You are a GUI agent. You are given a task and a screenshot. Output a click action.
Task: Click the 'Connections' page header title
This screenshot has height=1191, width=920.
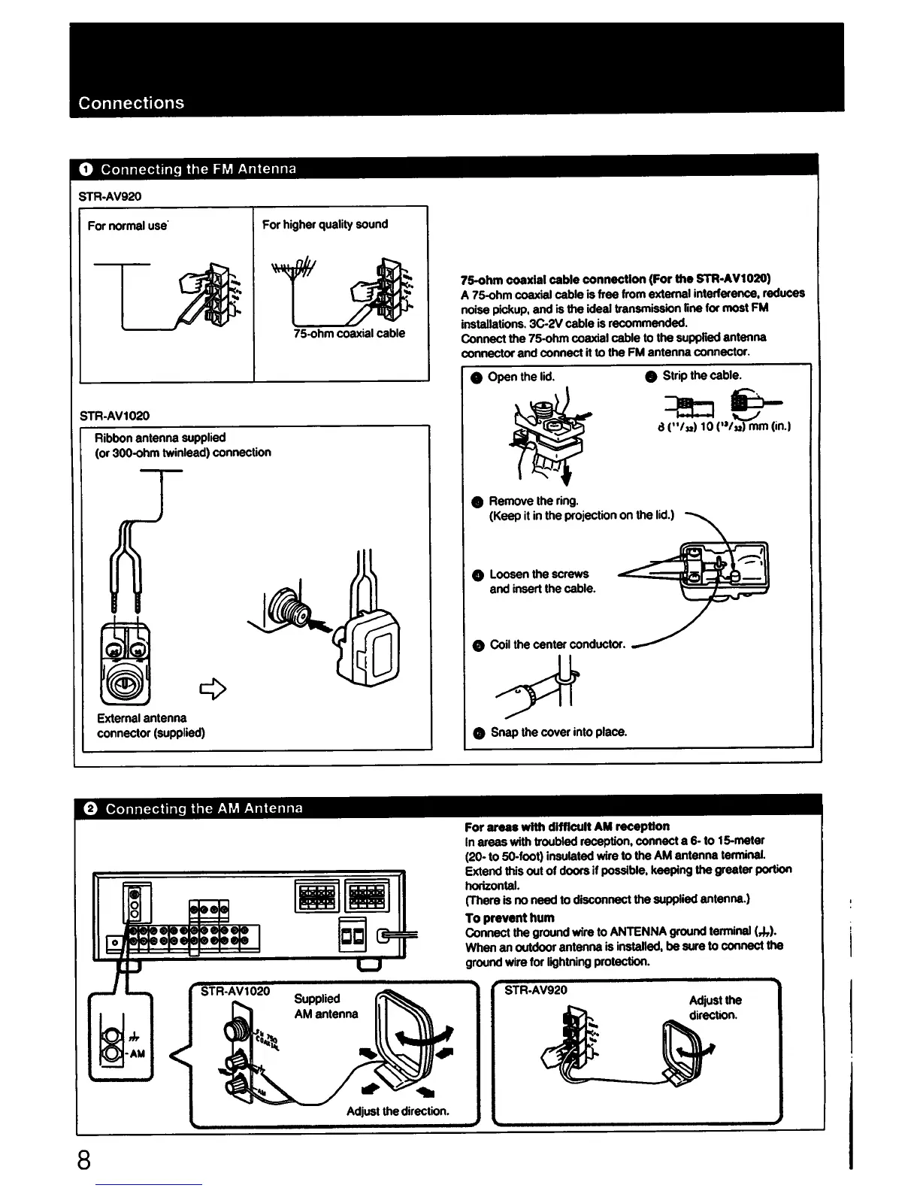(132, 103)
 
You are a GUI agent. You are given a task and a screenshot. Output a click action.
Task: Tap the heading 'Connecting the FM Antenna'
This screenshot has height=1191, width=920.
(198, 168)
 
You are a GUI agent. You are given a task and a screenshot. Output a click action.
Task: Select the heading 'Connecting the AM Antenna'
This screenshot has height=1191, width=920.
(204, 808)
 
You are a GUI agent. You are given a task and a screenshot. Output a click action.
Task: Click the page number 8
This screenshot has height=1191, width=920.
(84, 1161)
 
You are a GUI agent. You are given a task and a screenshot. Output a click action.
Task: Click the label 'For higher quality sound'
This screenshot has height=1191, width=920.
(325, 224)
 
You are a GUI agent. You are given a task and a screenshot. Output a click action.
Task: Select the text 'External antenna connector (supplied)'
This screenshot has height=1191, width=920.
(150, 725)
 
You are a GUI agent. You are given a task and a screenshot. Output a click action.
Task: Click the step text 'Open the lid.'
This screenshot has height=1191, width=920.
(521, 376)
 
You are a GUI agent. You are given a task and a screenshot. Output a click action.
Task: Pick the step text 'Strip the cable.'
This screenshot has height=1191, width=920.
(701, 375)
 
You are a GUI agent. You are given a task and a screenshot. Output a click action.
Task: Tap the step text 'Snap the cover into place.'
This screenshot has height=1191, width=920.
(558, 732)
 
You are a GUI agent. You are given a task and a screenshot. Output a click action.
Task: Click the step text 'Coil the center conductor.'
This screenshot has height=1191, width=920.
(557, 644)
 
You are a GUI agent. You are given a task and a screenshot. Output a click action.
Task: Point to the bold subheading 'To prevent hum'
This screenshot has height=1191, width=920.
(510, 917)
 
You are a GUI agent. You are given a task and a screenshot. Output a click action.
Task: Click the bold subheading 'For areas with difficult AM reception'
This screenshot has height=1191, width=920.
(567, 826)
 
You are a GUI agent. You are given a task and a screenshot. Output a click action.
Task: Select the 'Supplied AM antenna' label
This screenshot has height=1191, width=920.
(325, 1006)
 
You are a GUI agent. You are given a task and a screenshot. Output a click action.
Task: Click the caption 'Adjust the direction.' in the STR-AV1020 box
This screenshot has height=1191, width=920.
(398, 1111)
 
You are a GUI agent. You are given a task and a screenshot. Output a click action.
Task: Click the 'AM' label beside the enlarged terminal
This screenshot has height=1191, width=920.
(138, 1053)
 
